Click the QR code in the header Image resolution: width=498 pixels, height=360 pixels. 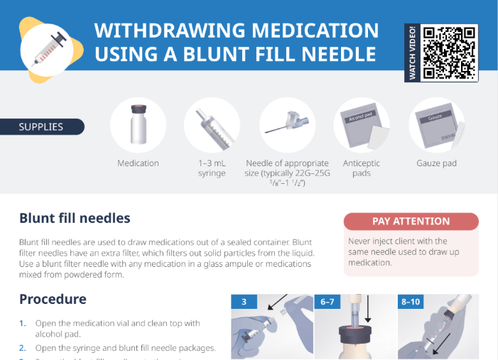click(449, 53)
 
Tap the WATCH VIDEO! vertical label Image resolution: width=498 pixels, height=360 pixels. click(413, 53)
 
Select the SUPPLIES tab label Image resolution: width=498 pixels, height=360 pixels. click(41, 127)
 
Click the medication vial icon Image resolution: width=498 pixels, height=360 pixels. click(138, 125)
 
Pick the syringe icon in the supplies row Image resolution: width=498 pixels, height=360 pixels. click(212, 125)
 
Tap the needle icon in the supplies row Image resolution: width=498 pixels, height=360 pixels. click(286, 125)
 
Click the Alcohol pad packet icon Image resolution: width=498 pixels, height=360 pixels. click(361, 126)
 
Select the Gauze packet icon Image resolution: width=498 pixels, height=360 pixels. click(435, 126)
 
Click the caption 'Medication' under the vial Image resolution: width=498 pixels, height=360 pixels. click(138, 163)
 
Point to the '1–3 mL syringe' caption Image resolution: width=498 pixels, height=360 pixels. click(212, 168)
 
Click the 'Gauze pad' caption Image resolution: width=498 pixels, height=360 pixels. click(436, 163)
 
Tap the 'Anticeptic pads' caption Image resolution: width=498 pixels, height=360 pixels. click(361, 168)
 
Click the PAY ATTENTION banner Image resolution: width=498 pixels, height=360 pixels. click(411, 222)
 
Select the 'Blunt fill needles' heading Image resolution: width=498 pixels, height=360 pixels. click(75, 218)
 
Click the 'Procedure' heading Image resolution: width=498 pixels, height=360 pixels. click(53, 299)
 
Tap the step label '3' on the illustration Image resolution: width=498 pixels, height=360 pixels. click(244, 302)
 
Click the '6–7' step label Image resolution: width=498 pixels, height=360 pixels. click(328, 302)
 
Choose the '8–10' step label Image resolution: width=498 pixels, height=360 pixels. click(411, 302)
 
